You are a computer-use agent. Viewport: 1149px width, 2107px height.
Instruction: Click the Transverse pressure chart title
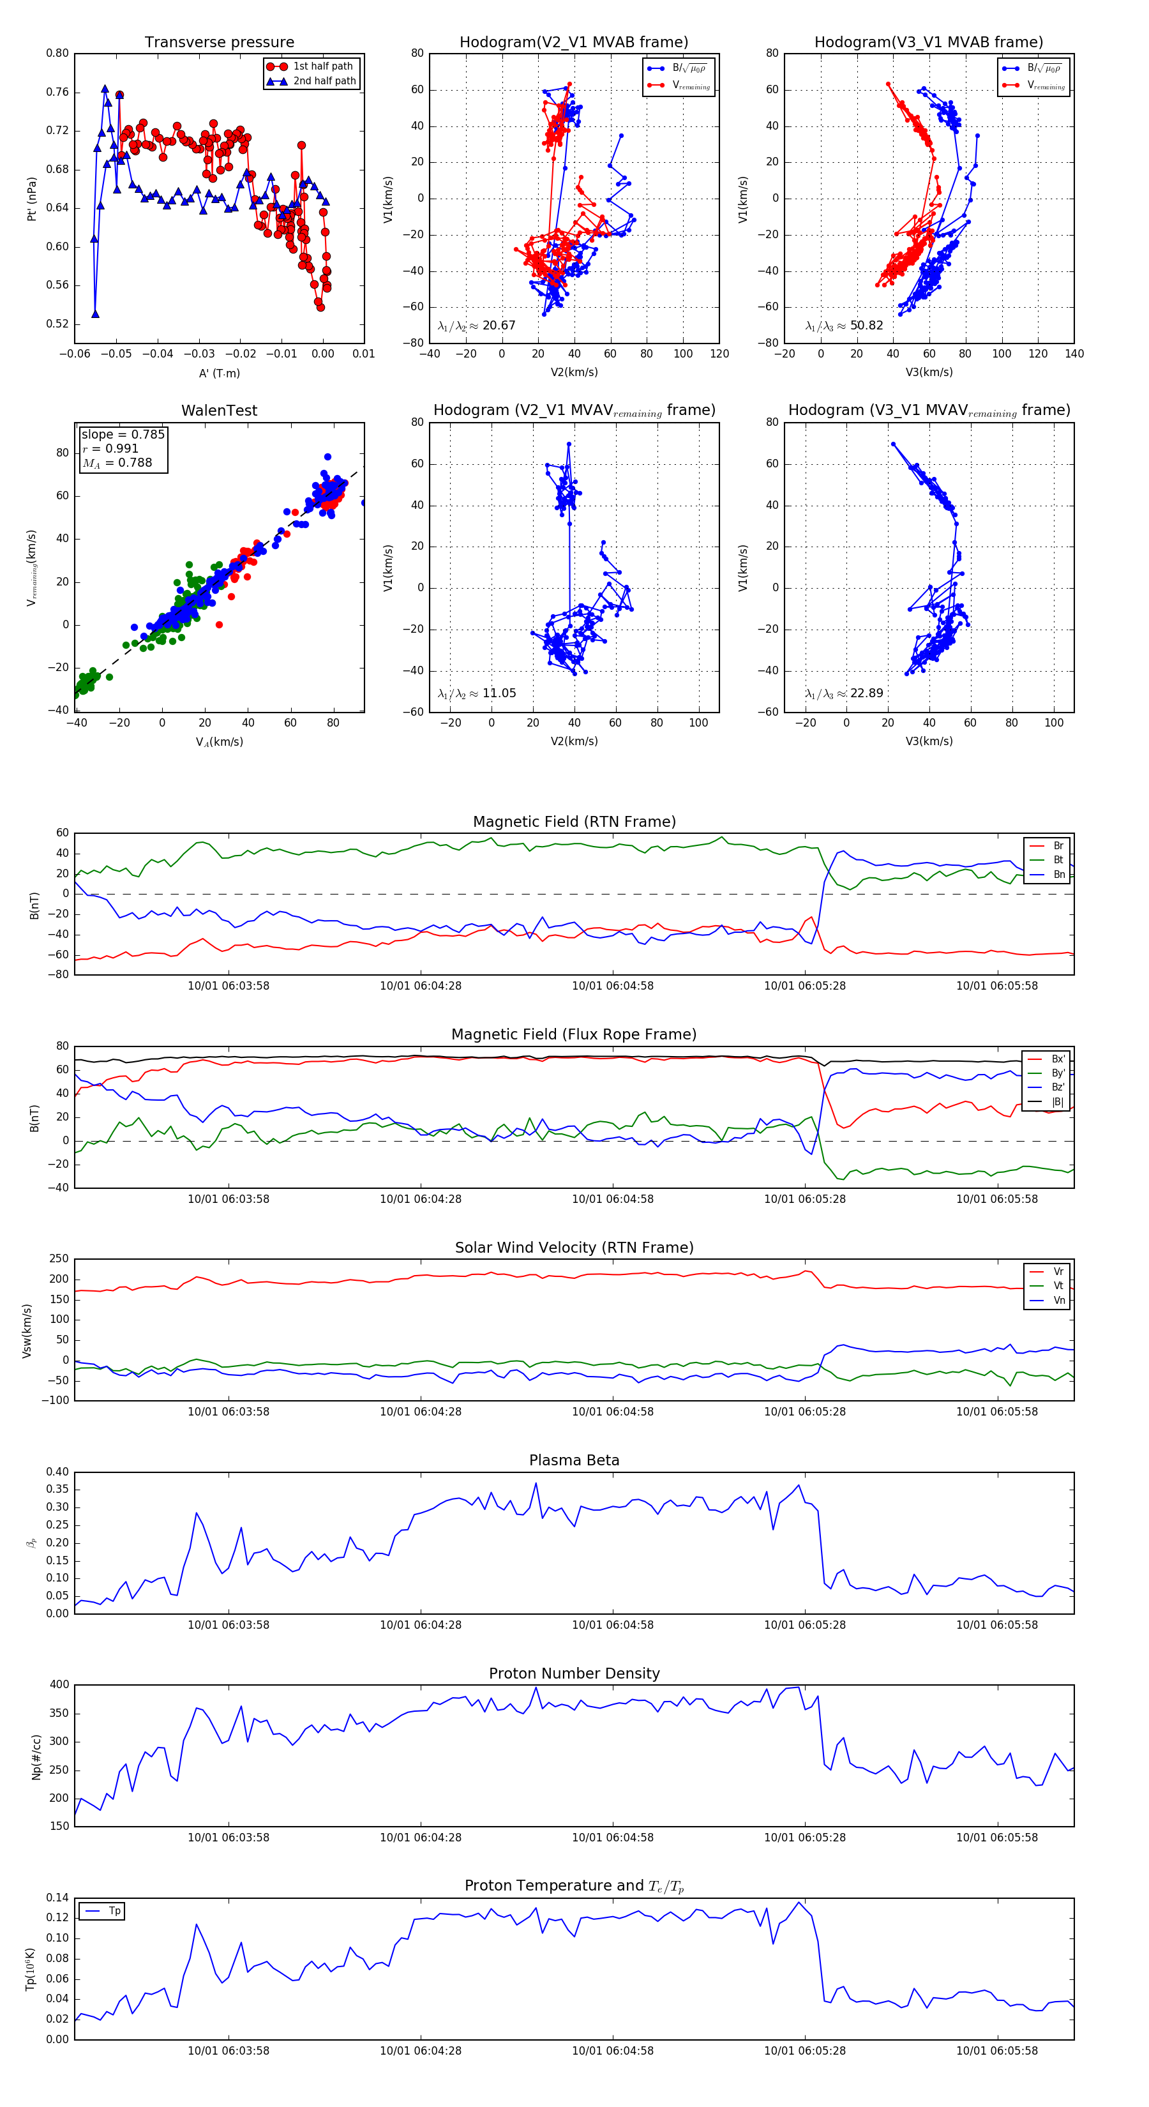coord(219,43)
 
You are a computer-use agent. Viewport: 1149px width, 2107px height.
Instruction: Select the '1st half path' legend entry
coord(322,66)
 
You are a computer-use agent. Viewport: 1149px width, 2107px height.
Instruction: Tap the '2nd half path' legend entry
coord(324,81)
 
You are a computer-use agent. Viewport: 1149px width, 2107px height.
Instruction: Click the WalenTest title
coord(219,411)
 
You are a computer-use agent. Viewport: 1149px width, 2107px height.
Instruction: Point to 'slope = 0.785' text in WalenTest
coord(123,434)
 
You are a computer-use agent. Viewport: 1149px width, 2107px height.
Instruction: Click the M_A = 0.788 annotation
coord(117,463)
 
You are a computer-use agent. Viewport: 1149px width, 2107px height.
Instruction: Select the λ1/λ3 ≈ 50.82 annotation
coord(844,326)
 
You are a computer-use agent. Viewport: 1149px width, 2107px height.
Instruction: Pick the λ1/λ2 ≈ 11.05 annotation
coord(477,693)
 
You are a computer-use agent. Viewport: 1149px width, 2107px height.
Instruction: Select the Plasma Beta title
coord(574,1461)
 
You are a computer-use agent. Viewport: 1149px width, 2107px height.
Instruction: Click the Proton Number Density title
coord(574,1673)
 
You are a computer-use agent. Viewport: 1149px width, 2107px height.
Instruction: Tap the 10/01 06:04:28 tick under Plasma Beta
coord(421,1624)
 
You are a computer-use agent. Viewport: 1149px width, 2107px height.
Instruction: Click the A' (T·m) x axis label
coord(219,374)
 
